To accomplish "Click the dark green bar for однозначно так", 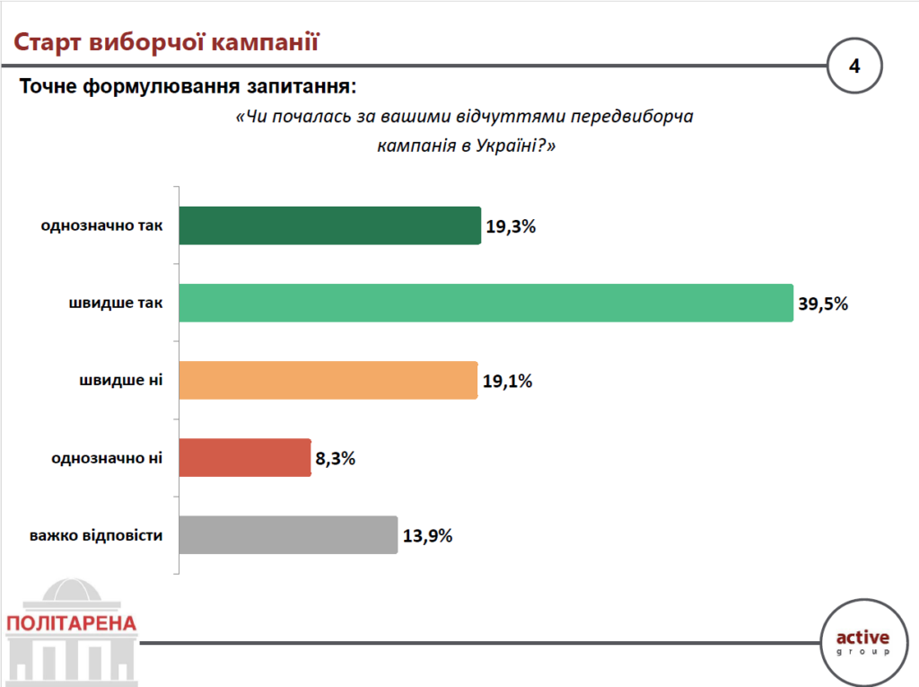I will (x=329, y=225).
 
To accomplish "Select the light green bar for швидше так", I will (x=486, y=303).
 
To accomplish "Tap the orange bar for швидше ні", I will (x=328, y=380).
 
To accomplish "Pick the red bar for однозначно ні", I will (x=245, y=457).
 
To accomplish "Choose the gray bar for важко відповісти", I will (x=288, y=535).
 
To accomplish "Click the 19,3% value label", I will (x=511, y=226).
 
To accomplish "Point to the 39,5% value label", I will (x=823, y=304).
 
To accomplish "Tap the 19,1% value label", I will (x=508, y=381).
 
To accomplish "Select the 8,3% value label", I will (x=336, y=458).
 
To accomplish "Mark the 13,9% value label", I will (x=427, y=536).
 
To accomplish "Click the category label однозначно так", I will (x=101, y=226).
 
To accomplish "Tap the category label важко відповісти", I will (x=96, y=536).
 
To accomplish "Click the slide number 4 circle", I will (x=854, y=66).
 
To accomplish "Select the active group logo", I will (x=862, y=641).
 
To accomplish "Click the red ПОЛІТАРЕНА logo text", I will (x=70, y=622).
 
